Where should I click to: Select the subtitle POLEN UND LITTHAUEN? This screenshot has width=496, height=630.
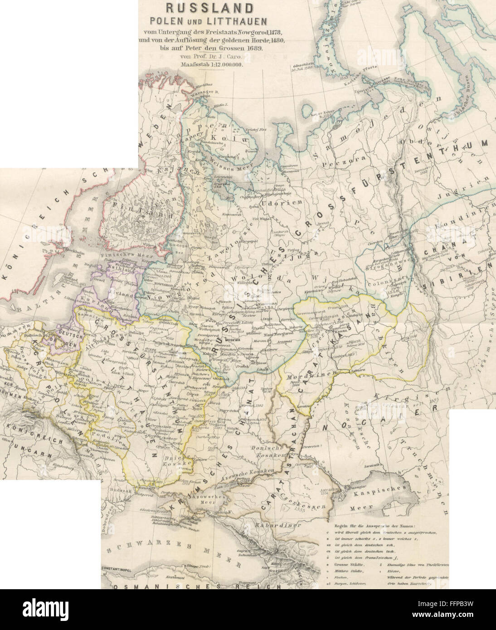203,21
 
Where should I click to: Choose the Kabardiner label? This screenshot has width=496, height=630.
272,526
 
